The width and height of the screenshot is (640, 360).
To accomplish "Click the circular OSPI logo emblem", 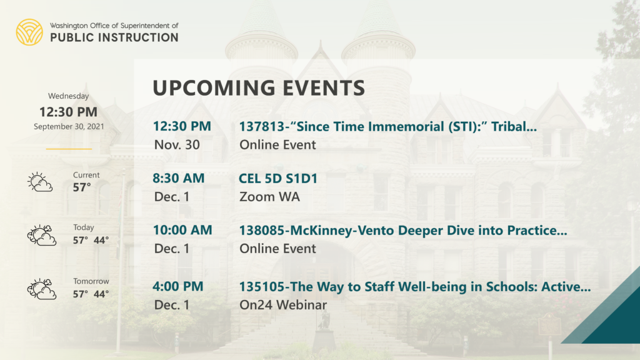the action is pos(29,32).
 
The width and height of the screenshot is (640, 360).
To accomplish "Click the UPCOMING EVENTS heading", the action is pos(259,87).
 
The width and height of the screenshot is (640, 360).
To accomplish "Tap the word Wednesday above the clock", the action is pos(69,96).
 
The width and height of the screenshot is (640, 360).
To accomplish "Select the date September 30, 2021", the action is pos(69,126).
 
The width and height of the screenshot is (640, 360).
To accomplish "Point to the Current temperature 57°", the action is pos(82,187).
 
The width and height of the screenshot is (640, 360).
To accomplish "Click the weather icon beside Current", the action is pos(40,182).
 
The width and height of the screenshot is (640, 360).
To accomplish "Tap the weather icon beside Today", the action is pos(42,235).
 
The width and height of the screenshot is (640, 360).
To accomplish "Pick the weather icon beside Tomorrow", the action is pos(42,289).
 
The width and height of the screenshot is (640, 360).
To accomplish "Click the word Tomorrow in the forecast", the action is pos(91,281).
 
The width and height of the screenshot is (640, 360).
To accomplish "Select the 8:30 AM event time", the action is pos(178,178).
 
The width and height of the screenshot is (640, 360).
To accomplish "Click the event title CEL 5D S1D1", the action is pos(278,178).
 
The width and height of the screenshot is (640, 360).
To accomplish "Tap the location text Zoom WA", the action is pos(269,197).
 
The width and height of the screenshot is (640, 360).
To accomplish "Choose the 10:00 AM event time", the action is pos(182,230).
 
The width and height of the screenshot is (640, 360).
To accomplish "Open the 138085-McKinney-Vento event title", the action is pos(403,230).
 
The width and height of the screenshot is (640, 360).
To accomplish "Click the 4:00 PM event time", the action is pos(178,286).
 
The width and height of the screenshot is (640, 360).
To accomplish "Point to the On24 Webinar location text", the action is pos(283,305).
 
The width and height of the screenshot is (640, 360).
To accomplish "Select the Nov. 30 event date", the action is pos(177,145).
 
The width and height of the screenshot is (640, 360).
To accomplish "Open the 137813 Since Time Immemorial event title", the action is pos(387,126).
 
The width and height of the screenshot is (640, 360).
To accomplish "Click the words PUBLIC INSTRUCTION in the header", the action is pos(114,37).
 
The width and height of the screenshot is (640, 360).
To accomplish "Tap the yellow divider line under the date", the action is pos(69,149).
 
